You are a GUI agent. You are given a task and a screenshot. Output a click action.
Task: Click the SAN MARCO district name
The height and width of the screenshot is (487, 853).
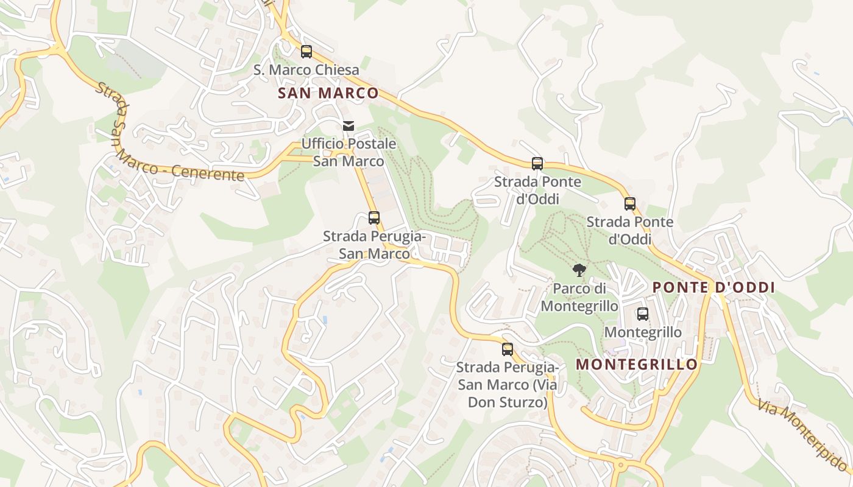pyautogui.click(x=328, y=93)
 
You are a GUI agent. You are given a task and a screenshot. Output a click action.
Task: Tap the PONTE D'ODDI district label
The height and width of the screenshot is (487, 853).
pyautogui.click(x=713, y=287)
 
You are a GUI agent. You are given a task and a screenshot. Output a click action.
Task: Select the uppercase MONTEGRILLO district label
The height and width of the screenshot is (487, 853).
pyautogui.click(x=637, y=365)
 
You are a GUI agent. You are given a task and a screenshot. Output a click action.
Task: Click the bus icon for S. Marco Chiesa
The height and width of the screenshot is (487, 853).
pyautogui.click(x=306, y=52)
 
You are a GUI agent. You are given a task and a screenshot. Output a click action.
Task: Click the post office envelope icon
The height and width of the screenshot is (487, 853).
pyautogui.click(x=349, y=126)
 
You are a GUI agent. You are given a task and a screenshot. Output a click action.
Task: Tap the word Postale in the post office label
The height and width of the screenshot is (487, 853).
pyautogui.click(x=373, y=144)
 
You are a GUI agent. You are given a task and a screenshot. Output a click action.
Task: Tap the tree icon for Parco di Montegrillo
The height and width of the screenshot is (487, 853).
pyautogui.click(x=579, y=270)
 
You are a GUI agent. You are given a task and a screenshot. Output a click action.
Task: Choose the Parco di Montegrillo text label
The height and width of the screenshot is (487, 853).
pyautogui.click(x=579, y=296)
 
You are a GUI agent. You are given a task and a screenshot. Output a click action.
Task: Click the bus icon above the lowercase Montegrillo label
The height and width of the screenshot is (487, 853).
pyautogui.click(x=643, y=314)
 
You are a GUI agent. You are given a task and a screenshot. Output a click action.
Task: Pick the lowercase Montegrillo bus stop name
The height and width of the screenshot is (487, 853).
pyautogui.click(x=643, y=332)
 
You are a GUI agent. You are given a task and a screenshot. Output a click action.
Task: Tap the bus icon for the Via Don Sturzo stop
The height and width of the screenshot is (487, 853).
pyautogui.click(x=507, y=349)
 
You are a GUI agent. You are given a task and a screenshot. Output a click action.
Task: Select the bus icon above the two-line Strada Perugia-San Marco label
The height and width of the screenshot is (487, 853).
pyautogui.click(x=374, y=218)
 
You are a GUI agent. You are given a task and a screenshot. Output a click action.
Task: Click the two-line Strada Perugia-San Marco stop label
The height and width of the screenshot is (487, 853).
pyautogui.click(x=374, y=245)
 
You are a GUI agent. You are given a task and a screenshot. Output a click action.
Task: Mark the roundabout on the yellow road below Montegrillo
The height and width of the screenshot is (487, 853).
pyautogui.click(x=620, y=466)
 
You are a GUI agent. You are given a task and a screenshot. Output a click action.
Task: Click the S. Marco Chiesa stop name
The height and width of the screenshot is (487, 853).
pyautogui.click(x=306, y=70)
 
